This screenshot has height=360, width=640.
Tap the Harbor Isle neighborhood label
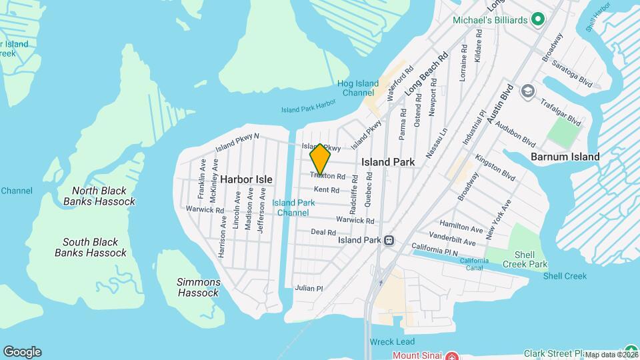tap(247, 179)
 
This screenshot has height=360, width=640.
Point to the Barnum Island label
tap(565, 157)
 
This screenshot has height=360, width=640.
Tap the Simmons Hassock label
tap(198, 287)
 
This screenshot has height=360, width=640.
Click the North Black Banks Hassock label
tap(99, 196)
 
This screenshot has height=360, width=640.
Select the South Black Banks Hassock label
tap(91, 247)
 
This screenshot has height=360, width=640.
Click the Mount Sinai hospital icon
tap(451, 355)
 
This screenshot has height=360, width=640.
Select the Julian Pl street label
tap(309, 289)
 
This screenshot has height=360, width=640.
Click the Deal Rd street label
tap(323, 232)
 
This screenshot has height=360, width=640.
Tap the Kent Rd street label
tap(327, 190)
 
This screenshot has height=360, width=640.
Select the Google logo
tap(22, 351)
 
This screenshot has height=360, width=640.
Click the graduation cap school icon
tap(528, 90)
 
